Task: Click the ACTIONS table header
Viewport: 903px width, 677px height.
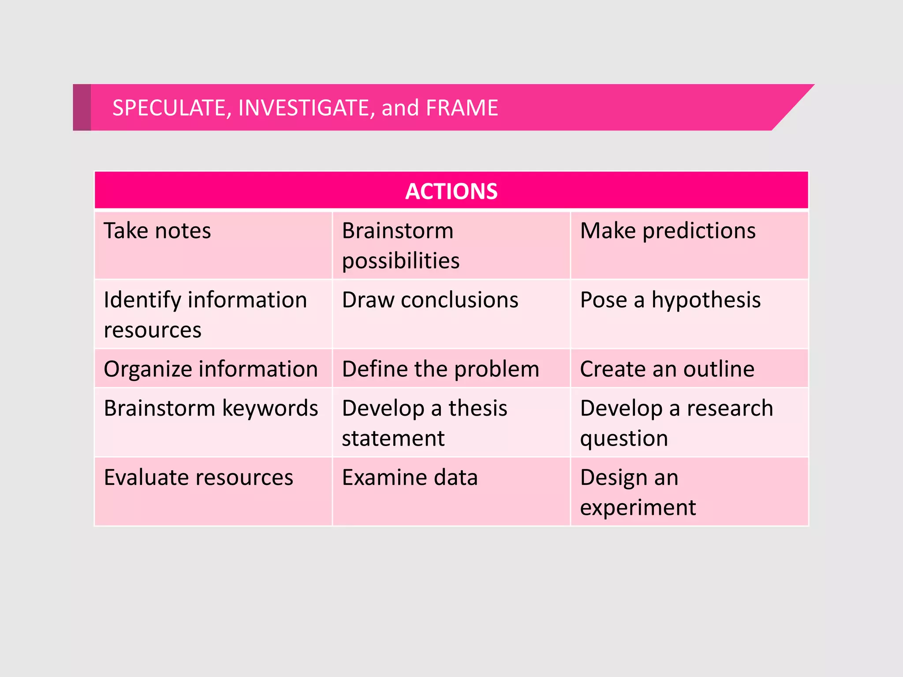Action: click(451, 191)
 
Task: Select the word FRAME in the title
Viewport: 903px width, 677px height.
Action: click(462, 108)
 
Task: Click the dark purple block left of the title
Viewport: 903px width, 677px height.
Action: click(82, 108)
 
